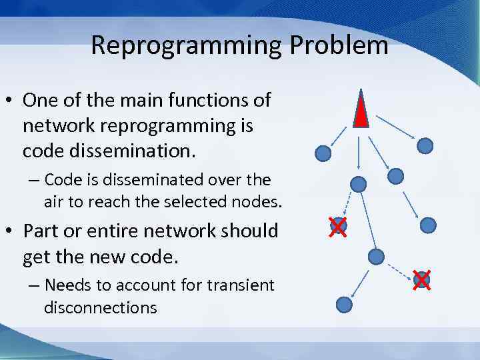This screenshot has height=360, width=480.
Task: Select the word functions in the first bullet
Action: point(200,101)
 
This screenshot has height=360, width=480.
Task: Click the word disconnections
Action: point(101,307)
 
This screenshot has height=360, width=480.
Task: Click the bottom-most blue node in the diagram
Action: point(344,305)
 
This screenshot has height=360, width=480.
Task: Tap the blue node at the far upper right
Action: point(425,145)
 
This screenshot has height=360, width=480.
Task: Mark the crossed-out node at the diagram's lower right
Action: point(421,279)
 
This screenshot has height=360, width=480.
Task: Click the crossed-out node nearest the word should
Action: point(338,226)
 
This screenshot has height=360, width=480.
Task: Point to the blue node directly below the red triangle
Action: point(359,183)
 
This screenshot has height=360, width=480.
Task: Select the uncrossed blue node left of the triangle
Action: point(323,153)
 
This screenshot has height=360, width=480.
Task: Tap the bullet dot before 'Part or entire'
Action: point(11,232)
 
